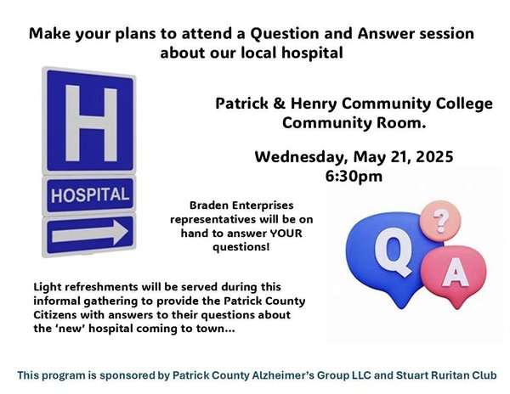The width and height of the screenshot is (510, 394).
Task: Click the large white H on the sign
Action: click(92, 123)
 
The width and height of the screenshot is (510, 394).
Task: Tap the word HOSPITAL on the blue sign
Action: click(90, 195)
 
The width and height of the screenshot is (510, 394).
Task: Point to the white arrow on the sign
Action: click(90, 233)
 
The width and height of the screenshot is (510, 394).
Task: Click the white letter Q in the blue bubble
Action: click(393, 251)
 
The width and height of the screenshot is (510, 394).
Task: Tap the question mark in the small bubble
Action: click(440, 221)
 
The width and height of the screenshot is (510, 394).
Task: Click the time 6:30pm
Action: click(354, 177)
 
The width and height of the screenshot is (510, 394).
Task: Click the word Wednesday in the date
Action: click(299, 157)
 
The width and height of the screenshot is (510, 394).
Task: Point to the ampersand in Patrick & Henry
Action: click(280, 104)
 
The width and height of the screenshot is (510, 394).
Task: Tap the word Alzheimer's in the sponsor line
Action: click(283, 375)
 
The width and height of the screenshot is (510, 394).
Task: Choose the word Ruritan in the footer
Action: click(449, 375)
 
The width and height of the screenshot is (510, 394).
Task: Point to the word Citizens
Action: click(55, 315)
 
